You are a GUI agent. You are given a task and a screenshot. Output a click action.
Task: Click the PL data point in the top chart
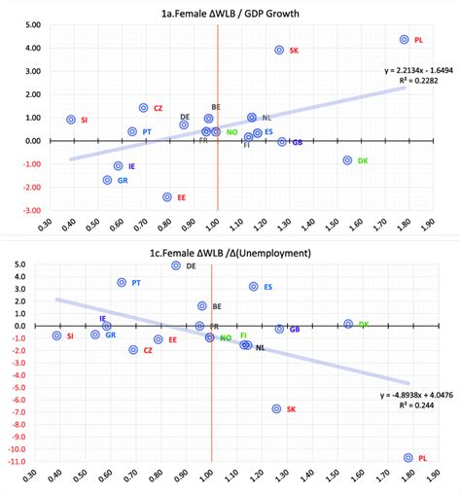(404, 40)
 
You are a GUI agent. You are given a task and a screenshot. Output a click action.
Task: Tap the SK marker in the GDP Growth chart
(279, 50)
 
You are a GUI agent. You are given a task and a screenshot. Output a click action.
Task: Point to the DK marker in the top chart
(347, 160)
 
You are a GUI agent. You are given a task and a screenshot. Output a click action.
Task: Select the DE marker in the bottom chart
(176, 265)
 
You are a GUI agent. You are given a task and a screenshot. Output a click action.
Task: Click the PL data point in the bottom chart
(408, 457)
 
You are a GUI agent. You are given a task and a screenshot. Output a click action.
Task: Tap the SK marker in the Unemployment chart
(276, 409)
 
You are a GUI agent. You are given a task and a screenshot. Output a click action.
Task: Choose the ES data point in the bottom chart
(254, 287)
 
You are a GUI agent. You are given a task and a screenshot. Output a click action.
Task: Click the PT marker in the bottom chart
(123, 283)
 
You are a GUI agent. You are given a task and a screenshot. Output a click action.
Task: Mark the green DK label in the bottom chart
(364, 325)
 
